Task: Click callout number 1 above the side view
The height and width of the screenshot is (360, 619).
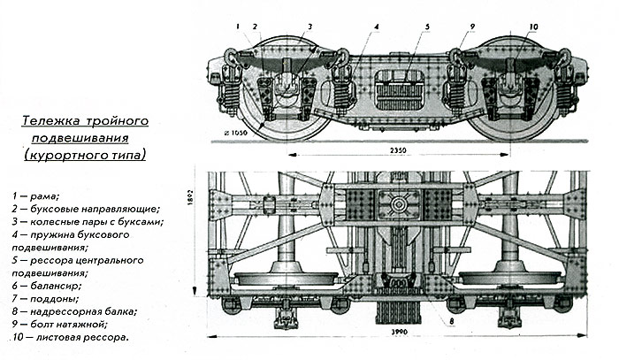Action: [238, 27]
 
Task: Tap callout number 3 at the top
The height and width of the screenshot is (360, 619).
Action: [310, 27]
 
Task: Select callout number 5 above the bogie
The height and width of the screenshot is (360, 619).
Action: [426, 27]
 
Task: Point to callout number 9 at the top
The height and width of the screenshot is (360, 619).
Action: [473, 27]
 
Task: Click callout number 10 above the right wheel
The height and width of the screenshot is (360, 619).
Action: [532, 27]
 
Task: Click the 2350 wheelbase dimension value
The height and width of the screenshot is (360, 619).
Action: [397, 151]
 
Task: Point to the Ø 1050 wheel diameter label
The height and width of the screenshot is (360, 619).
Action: [236, 134]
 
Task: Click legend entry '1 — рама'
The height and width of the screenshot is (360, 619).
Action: [35, 194]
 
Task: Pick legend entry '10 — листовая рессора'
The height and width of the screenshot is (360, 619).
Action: [71, 337]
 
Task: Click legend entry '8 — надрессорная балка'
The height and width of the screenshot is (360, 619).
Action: [75, 311]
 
